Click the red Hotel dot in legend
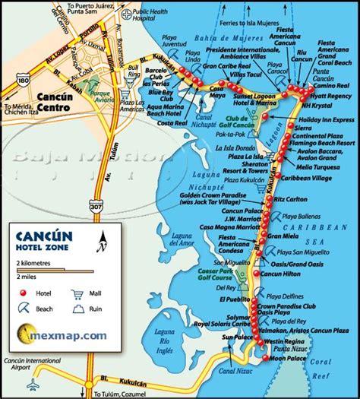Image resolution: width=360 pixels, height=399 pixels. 23,293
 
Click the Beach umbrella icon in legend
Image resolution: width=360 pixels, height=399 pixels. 23,309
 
